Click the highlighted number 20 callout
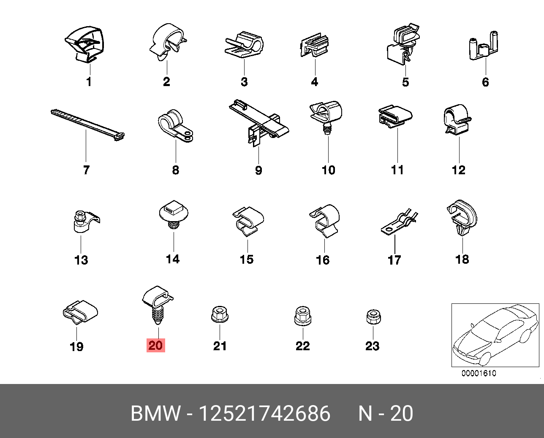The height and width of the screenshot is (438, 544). [156, 345]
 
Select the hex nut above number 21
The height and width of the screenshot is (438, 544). [220, 315]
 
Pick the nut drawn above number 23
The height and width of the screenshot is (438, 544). [373, 317]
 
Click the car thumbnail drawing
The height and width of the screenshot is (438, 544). [495, 335]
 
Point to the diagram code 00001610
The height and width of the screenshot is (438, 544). [479, 373]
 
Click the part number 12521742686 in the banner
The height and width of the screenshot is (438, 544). [265, 414]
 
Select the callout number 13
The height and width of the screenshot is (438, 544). [81, 260]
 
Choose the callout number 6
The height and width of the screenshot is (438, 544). [485, 82]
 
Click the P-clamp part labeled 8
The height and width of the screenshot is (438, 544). [175, 126]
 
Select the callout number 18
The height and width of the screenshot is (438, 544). [462, 260]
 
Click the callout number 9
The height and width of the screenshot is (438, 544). [258, 170]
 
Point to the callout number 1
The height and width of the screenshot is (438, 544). [89, 82]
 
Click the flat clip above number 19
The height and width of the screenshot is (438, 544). [80, 312]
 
